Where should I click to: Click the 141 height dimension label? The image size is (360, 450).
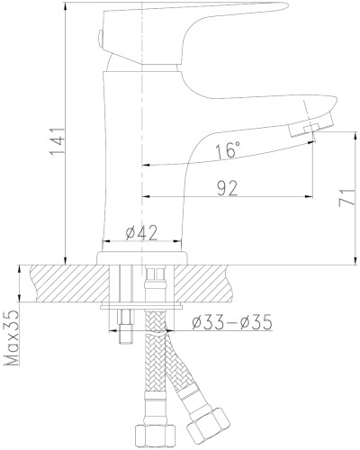(57, 141)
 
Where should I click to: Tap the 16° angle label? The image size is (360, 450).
(228, 150)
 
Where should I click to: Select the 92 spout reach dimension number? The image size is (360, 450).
(227, 188)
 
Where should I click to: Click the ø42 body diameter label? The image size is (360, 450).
(141, 232)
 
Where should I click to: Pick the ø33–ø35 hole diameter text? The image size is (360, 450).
(232, 322)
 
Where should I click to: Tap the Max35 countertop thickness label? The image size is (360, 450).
(13, 338)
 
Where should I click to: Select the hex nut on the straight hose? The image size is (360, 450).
(155, 437)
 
